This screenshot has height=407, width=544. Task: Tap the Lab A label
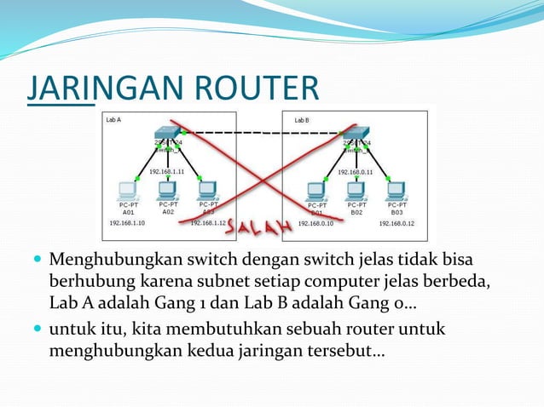[113, 120]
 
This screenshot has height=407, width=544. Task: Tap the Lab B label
[302, 120]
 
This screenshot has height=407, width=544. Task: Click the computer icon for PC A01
[129, 190]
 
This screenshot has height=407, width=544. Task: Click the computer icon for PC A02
[168, 189]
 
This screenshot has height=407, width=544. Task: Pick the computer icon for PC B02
[357, 189]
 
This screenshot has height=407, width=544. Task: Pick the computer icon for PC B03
[396, 190]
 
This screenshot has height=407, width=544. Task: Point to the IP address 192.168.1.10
[127, 223]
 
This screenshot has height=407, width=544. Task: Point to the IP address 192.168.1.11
[166, 171]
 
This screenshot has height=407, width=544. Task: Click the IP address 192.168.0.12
[396, 223]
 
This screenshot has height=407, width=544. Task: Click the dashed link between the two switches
[256, 133]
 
